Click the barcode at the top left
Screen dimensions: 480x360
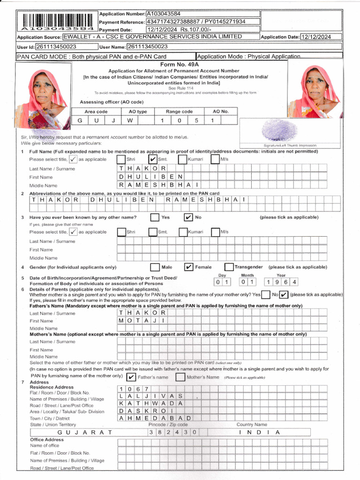click(x=57, y=21)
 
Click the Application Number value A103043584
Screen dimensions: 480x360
click(x=163, y=14)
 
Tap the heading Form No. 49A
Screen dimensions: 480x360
click(x=180, y=64)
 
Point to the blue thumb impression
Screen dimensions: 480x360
click(x=279, y=131)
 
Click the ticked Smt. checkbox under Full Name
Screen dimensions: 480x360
click(x=153, y=160)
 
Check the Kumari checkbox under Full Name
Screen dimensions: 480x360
click(x=182, y=160)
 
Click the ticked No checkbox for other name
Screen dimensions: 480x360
click(x=188, y=217)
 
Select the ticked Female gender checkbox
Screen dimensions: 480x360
click(x=188, y=267)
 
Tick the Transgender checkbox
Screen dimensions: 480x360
click(x=229, y=267)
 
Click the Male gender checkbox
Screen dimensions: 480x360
click(x=155, y=267)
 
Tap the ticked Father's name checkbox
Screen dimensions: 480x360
click(x=131, y=377)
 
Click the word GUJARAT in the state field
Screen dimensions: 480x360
click(x=85, y=432)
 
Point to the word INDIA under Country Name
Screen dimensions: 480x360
click(x=259, y=432)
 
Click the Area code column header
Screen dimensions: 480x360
click(x=96, y=112)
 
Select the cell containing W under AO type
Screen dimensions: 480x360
click(x=130, y=120)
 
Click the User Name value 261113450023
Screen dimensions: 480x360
click(x=147, y=46)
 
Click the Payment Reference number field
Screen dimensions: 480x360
click(x=202, y=22)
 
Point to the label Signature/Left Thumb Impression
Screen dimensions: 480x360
click(x=284, y=146)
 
